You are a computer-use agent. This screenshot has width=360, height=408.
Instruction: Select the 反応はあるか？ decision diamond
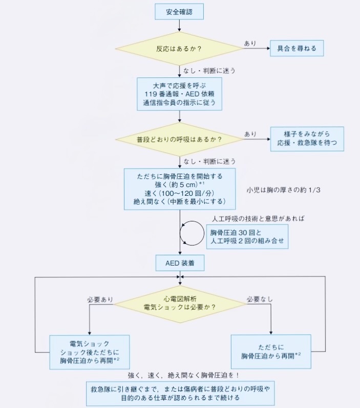pyautogui.click(x=179, y=49)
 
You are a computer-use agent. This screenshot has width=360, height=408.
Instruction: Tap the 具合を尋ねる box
pyautogui.click(x=297, y=49)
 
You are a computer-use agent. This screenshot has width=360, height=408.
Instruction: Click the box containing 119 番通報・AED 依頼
pyautogui.click(x=179, y=93)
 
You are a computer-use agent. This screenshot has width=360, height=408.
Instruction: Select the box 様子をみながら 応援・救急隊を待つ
pyautogui.click(x=307, y=138)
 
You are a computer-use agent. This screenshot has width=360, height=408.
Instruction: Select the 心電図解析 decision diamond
pyautogui.click(x=179, y=303)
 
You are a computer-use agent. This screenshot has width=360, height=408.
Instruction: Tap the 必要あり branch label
pyautogui.click(x=100, y=298)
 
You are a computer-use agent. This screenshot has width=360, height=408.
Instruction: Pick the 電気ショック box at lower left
pyautogui.click(x=90, y=352)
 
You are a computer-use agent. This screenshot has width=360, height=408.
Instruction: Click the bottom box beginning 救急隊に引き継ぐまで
pyautogui.click(x=180, y=393)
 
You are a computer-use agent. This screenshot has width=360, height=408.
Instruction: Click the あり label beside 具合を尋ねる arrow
pyautogui.click(x=250, y=44)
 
